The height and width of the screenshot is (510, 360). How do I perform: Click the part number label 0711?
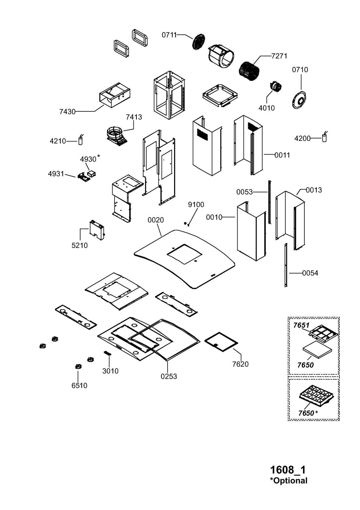tap(169, 35)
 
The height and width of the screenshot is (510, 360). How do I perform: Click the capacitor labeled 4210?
tap(81, 141)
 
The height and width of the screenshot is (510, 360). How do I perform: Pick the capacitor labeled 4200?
tap(325, 138)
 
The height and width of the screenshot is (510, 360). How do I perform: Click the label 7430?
tap(67, 112)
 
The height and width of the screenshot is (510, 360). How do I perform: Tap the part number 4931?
tap(56, 174)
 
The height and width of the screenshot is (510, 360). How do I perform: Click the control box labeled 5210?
tap(97, 231)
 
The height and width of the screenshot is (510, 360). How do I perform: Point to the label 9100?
tap(196, 205)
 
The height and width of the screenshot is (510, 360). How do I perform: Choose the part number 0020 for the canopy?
tap(156, 220)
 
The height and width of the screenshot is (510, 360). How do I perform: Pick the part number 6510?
tap(80, 386)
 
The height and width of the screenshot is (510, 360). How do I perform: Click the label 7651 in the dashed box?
tap(301, 325)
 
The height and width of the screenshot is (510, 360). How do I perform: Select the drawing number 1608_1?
tap(288, 470)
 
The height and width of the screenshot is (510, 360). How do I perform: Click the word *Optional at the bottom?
tap(289, 481)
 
